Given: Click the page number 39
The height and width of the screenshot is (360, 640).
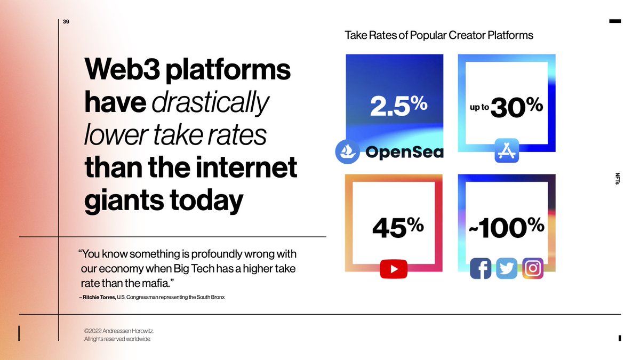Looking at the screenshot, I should (66, 22).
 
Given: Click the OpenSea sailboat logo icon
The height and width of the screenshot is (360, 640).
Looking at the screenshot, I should (348, 151).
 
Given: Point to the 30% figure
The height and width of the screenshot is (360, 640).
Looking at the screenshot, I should (516, 108).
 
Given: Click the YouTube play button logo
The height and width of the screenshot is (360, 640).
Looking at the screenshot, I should (394, 269).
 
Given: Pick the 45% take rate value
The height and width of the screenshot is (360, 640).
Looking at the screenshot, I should (397, 228).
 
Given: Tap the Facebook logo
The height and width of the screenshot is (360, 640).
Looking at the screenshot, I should (481, 269).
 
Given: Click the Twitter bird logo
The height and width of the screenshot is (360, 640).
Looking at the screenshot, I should (507, 269).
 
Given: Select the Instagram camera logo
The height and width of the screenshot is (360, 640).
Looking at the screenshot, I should (532, 268).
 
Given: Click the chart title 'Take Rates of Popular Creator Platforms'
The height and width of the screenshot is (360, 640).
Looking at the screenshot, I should (439, 36).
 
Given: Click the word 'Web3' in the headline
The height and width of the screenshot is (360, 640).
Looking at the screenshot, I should (127, 69).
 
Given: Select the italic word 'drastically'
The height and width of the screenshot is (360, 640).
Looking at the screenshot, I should (210, 102).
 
